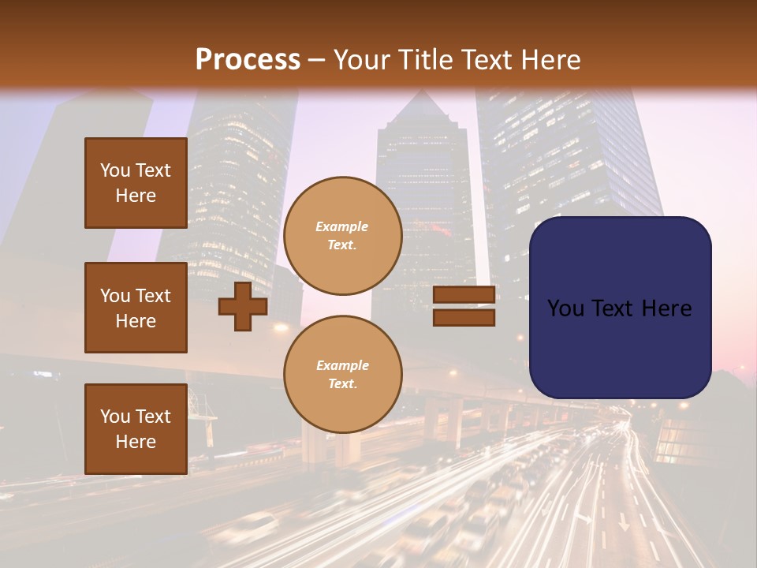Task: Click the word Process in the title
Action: pyautogui.click(x=248, y=60)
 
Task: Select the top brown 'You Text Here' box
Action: pyautogui.click(x=136, y=183)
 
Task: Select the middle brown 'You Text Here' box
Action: pyautogui.click(x=136, y=308)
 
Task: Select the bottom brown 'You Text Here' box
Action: pyautogui.click(x=136, y=428)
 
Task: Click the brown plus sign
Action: pyautogui.click(x=243, y=306)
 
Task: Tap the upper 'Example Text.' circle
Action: pyautogui.click(x=342, y=235)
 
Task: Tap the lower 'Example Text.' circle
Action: pyautogui.click(x=342, y=374)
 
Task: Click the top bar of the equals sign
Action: pyautogui.click(x=464, y=295)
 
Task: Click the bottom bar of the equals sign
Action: pyautogui.click(x=464, y=317)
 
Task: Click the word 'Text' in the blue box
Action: pyautogui.click(x=620, y=308)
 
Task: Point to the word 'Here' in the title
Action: pyautogui.click(x=549, y=60)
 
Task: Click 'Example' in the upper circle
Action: pyautogui.click(x=342, y=226)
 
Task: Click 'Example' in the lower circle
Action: pyautogui.click(x=342, y=365)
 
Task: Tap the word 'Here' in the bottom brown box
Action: pyautogui.click(x=136, y=442)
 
